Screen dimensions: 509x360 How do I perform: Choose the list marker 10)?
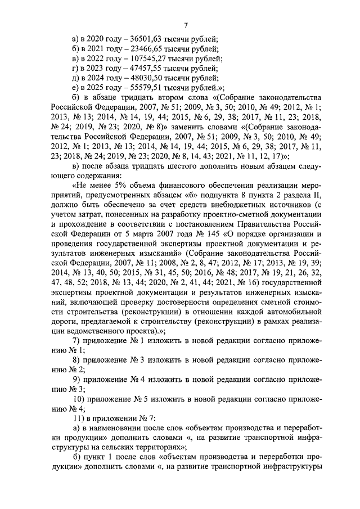pos(80,398)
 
